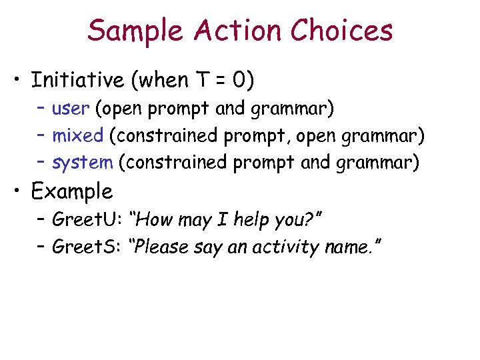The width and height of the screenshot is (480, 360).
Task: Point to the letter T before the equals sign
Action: pos(200,81)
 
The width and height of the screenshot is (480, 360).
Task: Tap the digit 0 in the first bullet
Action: pos(238,81)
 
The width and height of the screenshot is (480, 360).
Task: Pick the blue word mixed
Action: pos(77,136)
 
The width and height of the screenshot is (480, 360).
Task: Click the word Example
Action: pos(72,192)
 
